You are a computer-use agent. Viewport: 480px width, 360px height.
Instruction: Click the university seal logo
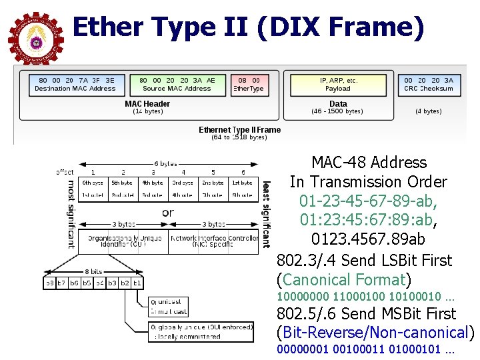coord(35,38)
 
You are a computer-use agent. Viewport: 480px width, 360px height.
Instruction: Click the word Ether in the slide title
coord(107,27)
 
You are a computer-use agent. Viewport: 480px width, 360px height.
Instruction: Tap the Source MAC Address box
coord(177,84)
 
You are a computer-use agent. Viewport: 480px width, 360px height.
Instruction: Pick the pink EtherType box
coord(248,84)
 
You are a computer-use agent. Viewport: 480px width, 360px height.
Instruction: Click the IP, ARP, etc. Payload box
coord(338,84)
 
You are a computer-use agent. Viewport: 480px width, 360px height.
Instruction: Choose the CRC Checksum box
coord(429,84)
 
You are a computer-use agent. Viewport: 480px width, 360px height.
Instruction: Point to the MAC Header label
coord(147,104)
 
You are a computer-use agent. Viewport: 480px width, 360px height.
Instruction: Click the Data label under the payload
coord(338,104)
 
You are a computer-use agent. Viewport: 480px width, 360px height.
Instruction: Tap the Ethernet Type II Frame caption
coord(239,130)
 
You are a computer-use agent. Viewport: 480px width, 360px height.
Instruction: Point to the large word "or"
coord(167,213)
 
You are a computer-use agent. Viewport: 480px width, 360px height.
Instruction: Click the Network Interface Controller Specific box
coord(213,241)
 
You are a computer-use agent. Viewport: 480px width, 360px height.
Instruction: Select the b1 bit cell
coord(137,283)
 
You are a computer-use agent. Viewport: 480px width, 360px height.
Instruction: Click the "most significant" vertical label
coord(71,213)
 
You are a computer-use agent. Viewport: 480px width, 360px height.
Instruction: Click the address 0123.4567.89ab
coord(369,239)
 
